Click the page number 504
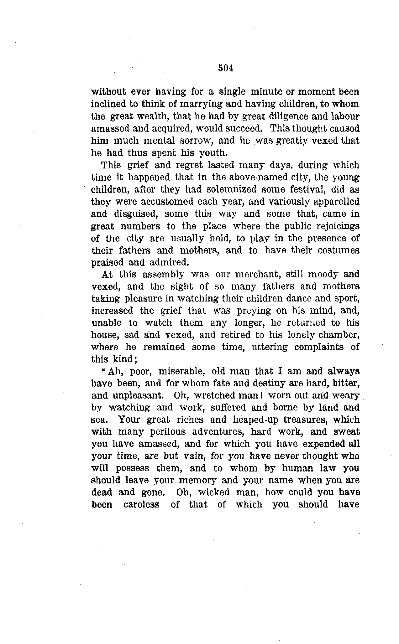pyautogui.click(x=226, y=68)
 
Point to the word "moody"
pyautogui.click(x=323, y=275)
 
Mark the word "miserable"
pyautogui.click(x=182, y=372)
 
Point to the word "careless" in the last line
pyautogui.click(x=141, y=505)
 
